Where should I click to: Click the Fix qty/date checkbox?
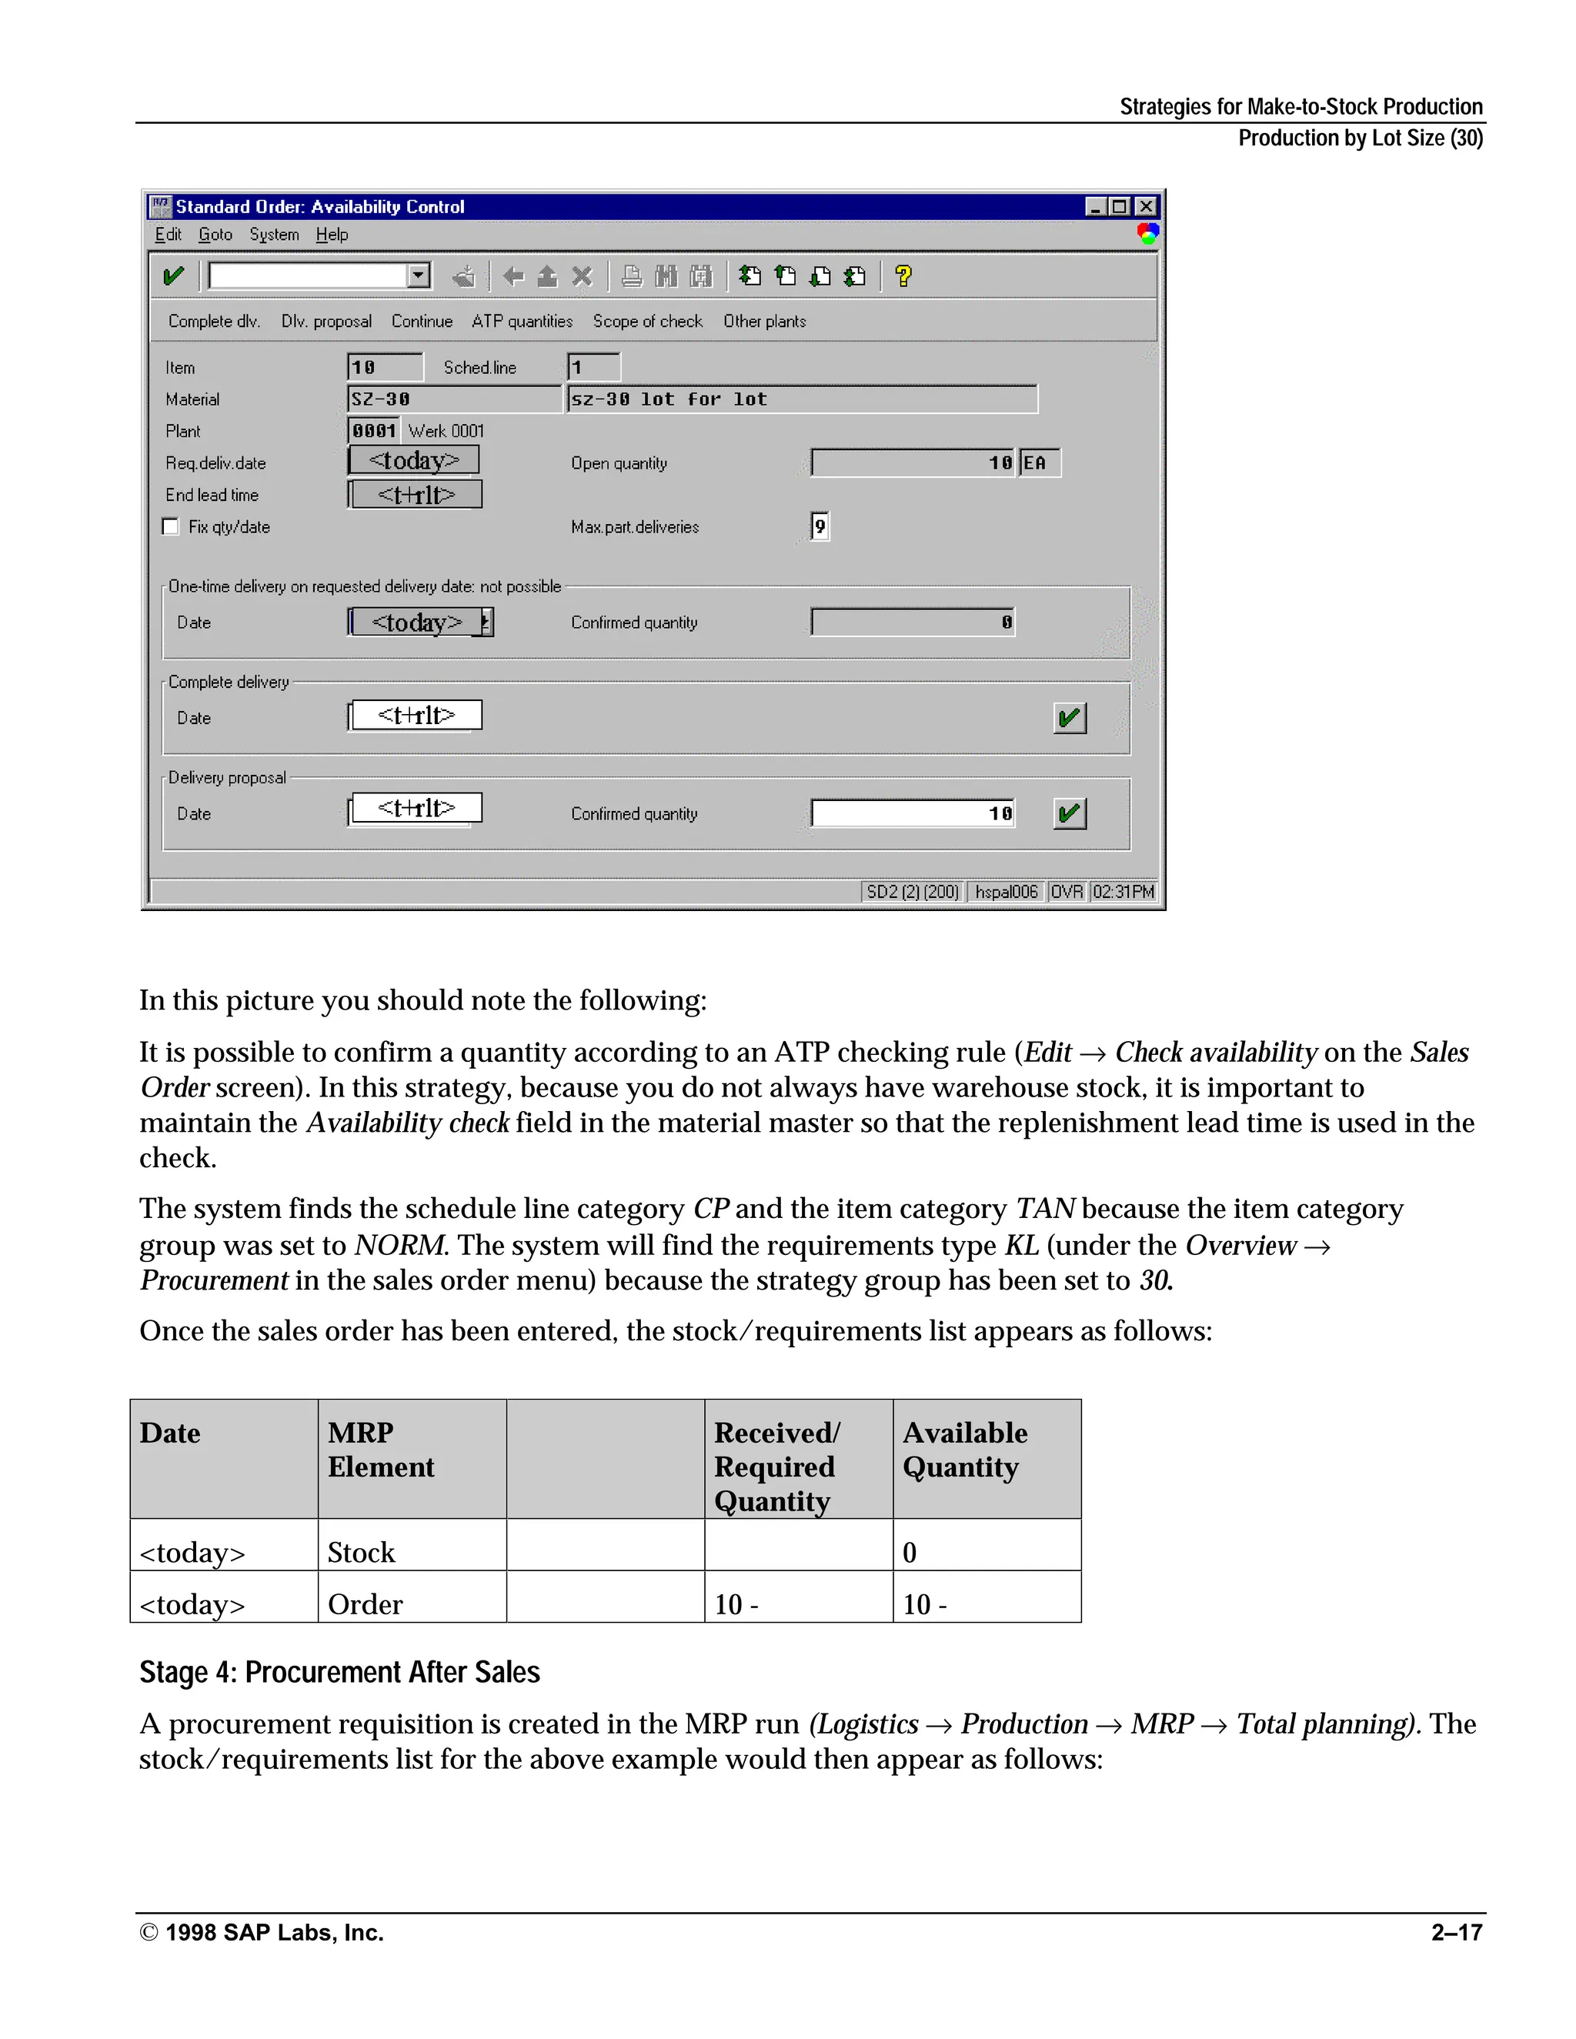(x=170, y=526)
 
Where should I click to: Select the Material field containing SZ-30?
(x=454, y=399)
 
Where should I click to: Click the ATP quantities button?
(x=522, y=321)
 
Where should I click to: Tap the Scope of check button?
(x=647, y=321)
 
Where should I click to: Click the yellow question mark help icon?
(x=903, y=276)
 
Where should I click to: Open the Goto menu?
(x=215, y=235)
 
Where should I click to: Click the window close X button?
(x=1146, y=206)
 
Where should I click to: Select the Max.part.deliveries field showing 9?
(x=820, y=526)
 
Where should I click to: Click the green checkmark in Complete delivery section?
(x=1069, y=718)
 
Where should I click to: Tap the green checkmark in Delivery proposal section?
(x=1069, y=813)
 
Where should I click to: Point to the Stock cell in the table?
(x=362, y=1552)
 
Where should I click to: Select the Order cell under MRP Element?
(x=365, y=1604)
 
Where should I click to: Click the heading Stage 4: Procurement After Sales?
(x=340, y=1672)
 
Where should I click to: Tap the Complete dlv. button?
(x=214, y=321)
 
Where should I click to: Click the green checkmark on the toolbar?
(x=174, y=276)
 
